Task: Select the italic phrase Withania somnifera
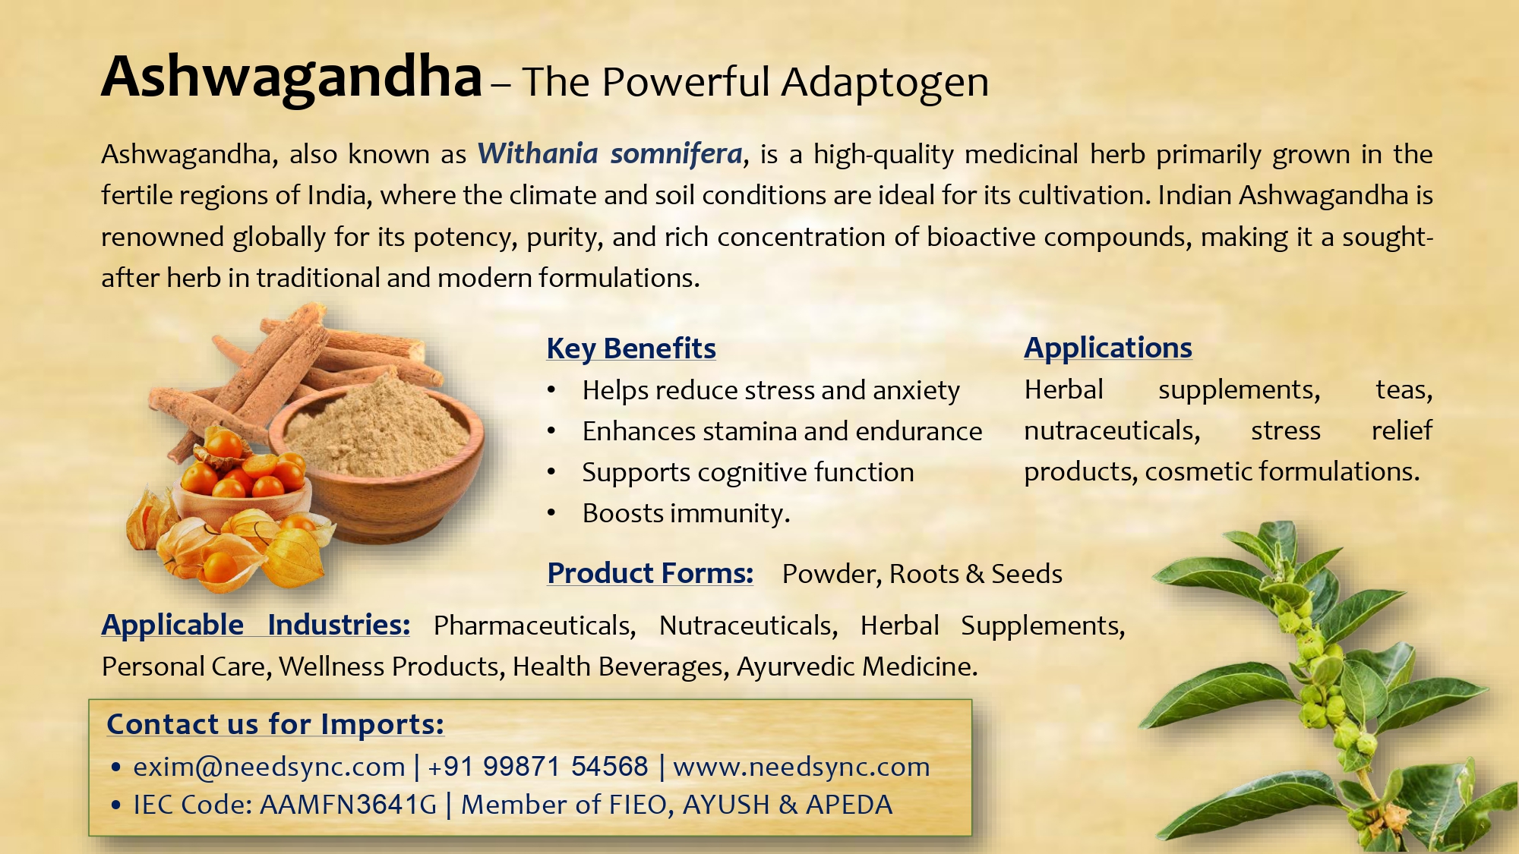pyautogui.click(x=610, y=154)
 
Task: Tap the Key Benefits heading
pyautogui.click(x=631, y=348)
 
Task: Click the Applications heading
pyautogui.click(x=1108, y=348)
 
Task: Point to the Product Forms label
pyautogui.click(x=650, y=573)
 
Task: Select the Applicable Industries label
pyautogui.click(x=256, y=625)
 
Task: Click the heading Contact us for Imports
pyautogui.click(x=275, y=724)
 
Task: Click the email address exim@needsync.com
pyautogui.click(x=269, y=767)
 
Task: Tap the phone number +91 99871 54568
pyautogui.click(x=538, y=767)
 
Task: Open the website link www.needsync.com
pyautogui.click(x=801, y=767)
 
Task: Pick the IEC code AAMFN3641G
pyautogui.click(x=349, y=805)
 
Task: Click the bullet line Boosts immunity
pyautogui.click(x=686, y=514)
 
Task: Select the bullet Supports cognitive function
pyautogui.click(x=748, y=473)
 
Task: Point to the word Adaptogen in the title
pyautogui.click(x=885, y=83)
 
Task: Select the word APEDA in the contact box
pyautogui.click(x=849, y=805)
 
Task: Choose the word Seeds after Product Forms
pyautogui.click(x=1027, y=574)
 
